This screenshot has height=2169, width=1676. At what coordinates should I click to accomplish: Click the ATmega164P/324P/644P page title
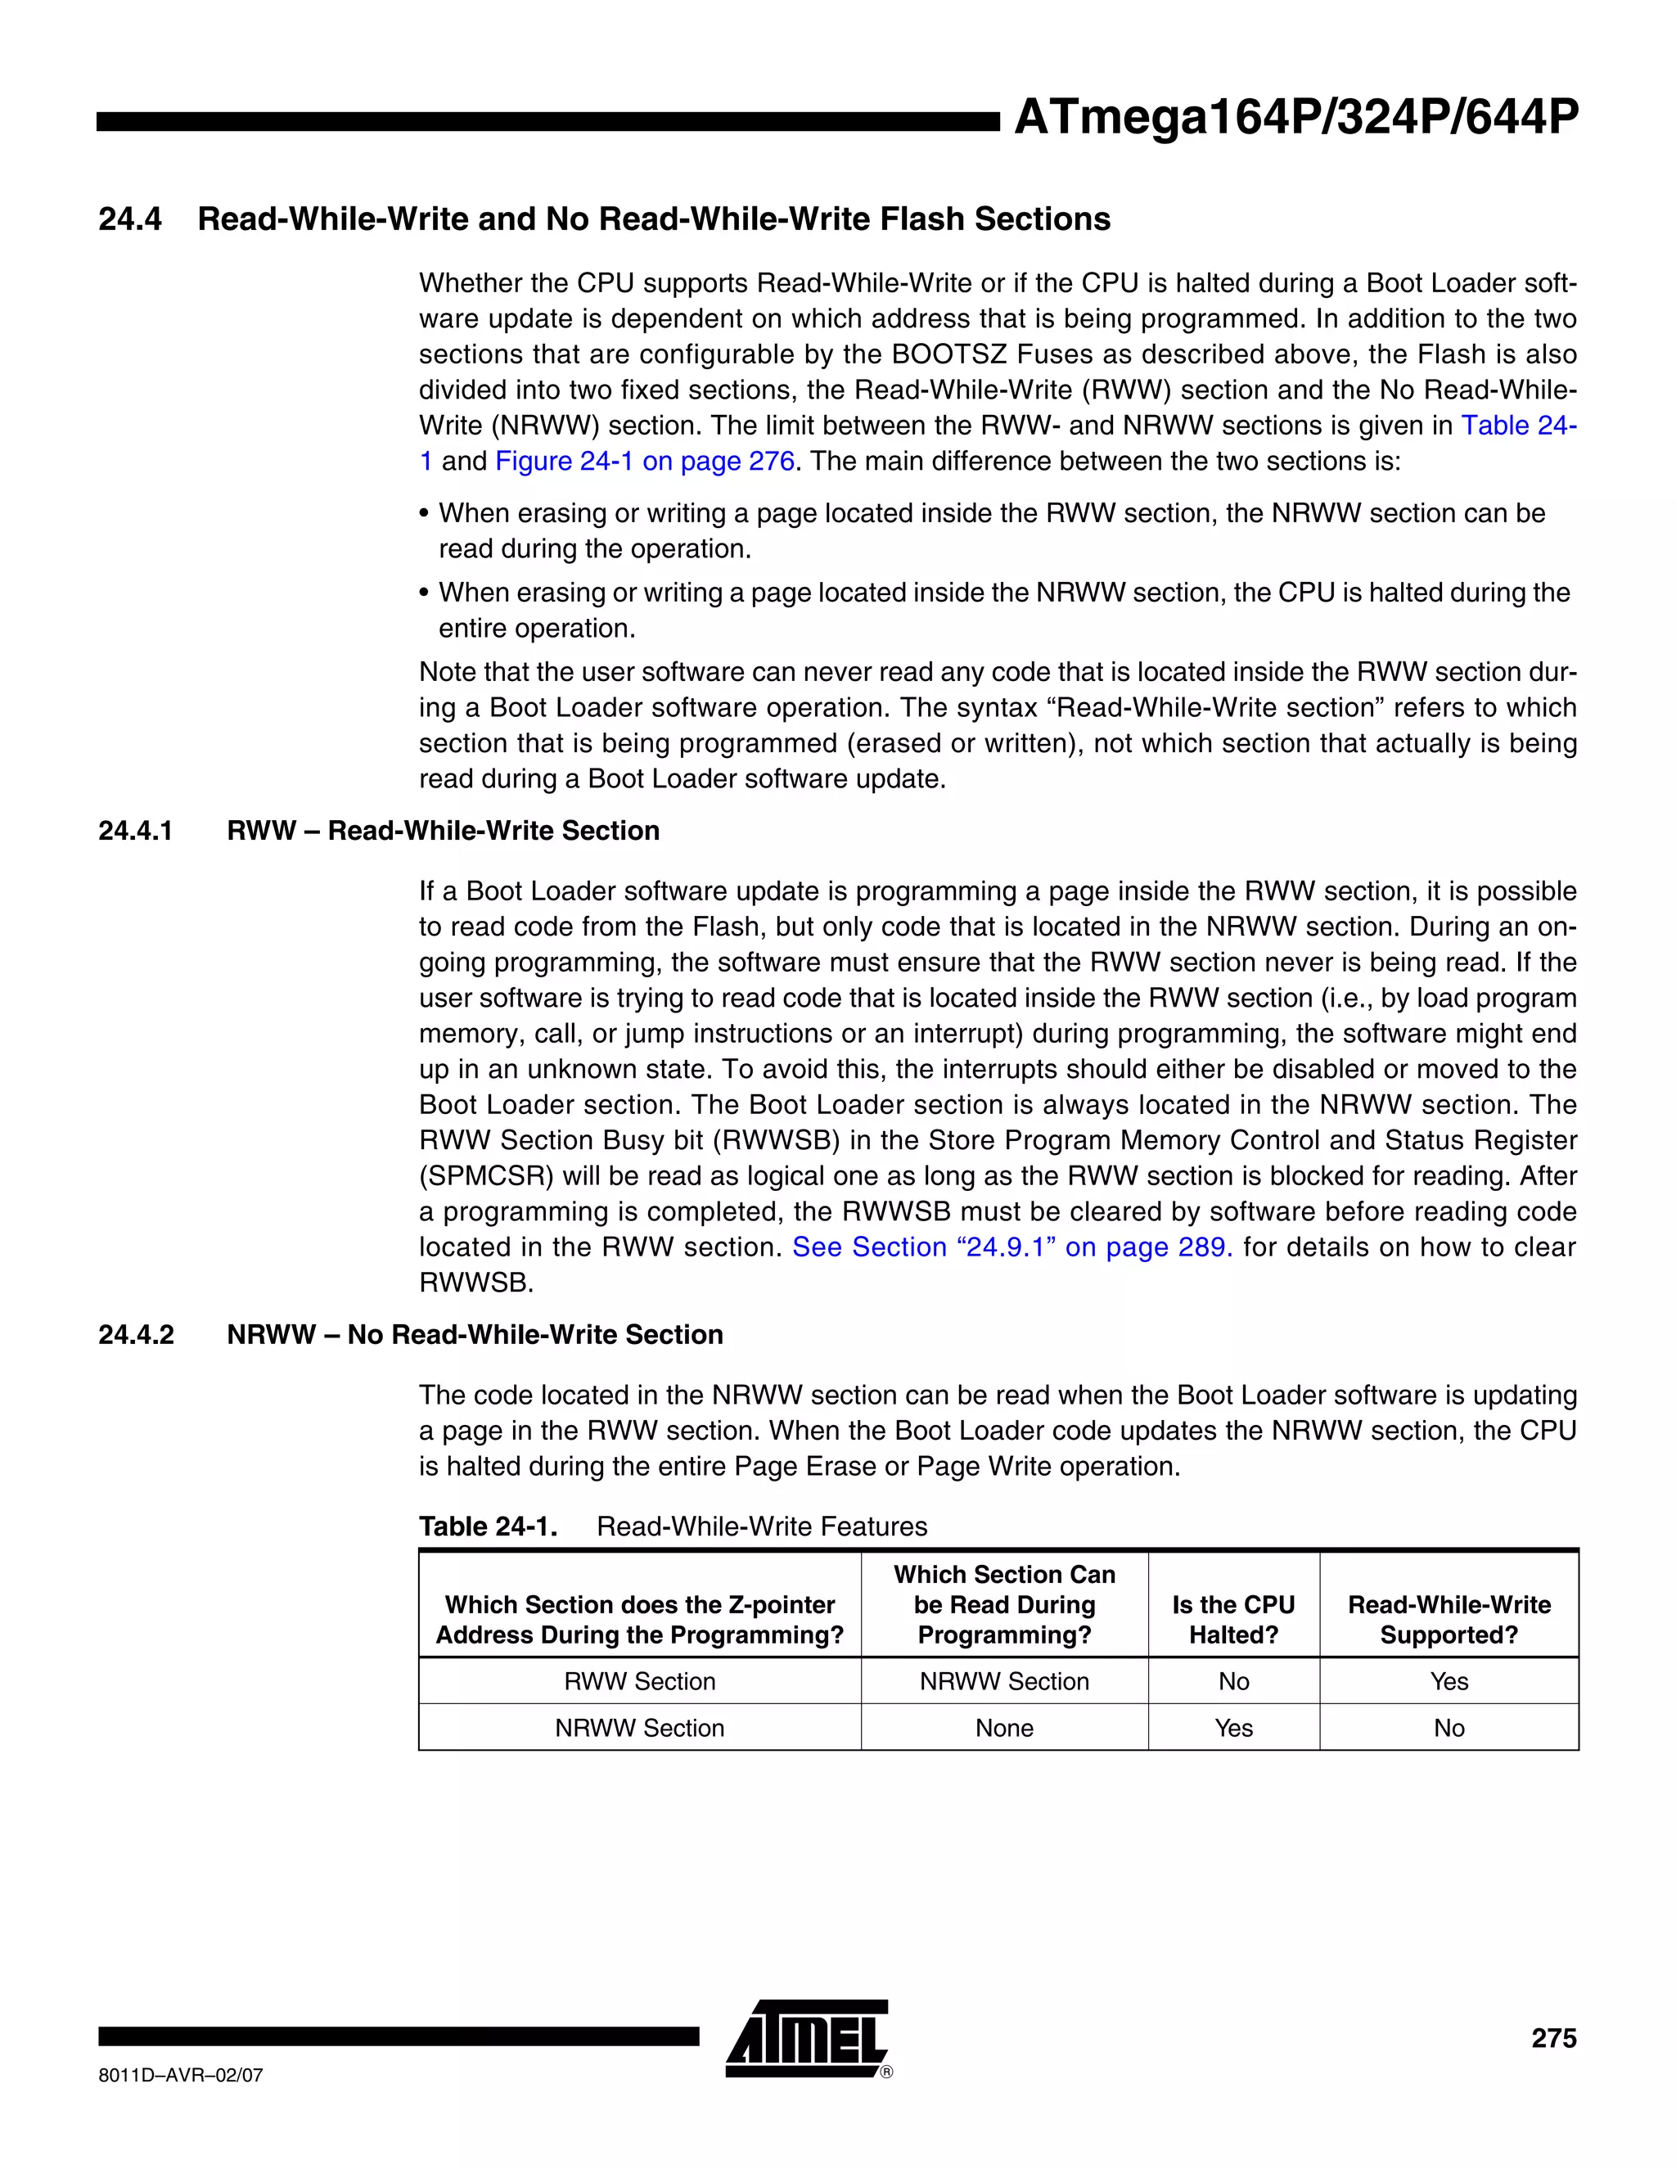pyautogui.click(x=1295, y=118)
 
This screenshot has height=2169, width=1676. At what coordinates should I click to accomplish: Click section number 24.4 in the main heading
pyautogui.click(x=130, y=219)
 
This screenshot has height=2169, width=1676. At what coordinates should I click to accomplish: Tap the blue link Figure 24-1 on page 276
pyautogui.click(x=644, y=462)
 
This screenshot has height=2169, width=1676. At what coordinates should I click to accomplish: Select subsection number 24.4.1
pyautogui.click(x=135, y=832)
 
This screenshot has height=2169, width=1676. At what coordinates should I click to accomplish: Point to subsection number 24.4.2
pyautogui.click(x=135, y=1335)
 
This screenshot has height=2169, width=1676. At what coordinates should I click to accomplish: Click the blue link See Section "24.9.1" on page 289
pyautogui.click(x=1011, y=1247)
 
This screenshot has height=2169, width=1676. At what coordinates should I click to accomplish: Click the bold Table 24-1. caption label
pyautogui.click(x=488, y=1526)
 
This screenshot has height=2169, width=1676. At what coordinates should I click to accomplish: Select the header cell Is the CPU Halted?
pyautogui.click(x=1233, y=1620)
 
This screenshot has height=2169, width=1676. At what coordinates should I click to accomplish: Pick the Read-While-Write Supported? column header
pyautogui.click(x=1448, y=1620)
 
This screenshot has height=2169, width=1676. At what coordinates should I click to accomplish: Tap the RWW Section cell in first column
pyautogui.click(x=639, y=1681)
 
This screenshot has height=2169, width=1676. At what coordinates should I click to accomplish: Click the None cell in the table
pyautogui.click(x=1004, y=1728)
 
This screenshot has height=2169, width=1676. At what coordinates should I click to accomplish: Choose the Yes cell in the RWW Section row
pyautogui.click(x=1448, y=1681)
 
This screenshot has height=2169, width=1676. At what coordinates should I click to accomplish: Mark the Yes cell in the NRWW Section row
pyautogui.click(x=1233, y=1728)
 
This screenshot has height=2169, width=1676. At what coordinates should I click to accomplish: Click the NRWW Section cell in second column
pyautogui.click(x=1004, y=1681)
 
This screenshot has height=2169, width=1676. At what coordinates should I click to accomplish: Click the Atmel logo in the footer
pyautogui.click(x=807, y=2038)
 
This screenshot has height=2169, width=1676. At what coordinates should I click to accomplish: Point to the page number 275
pyautogui.click(x=1553, y=2038)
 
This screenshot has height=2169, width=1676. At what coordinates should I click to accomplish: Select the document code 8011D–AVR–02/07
pyautogui.click(x=181, y=2076)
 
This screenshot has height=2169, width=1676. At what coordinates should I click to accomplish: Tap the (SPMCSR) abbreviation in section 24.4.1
pyautogui.click(x=484, y=1176)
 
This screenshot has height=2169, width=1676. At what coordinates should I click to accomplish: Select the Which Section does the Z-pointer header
pyautogui.click(x=639, y=1605)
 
